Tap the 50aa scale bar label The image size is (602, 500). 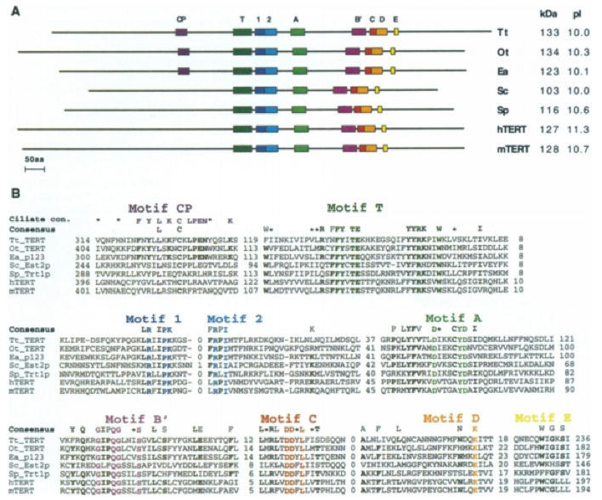(x=35, y=159)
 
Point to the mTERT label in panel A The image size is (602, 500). (x=508, y=151)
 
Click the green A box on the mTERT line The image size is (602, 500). (x=298, y=150)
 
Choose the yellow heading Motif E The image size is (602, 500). (x=542, y=418)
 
